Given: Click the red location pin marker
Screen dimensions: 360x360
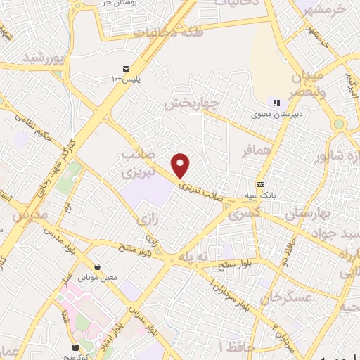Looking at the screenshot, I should point(181,165).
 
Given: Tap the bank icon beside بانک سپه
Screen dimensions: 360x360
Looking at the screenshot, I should point(261,184).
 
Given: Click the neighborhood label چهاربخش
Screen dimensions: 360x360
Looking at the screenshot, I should point(192,103).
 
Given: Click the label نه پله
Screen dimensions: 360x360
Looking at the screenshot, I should point(194,257).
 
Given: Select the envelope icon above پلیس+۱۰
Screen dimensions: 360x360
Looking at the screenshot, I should point(126,68).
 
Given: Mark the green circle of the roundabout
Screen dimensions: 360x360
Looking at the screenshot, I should point(340,124).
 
